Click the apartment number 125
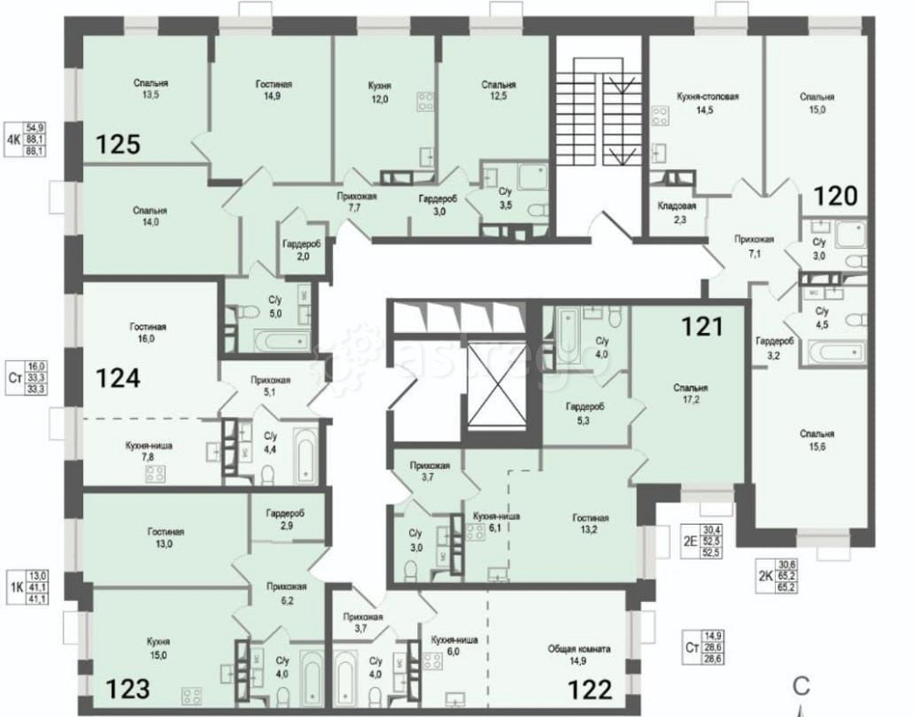click(119, 144)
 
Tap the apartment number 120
click(835, 195)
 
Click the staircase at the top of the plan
click(599, 118)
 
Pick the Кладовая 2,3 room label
click(677, 212)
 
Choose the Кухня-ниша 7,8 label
click(148, 451)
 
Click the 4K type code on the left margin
click(14, 140)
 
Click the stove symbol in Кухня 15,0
click(191, 692)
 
